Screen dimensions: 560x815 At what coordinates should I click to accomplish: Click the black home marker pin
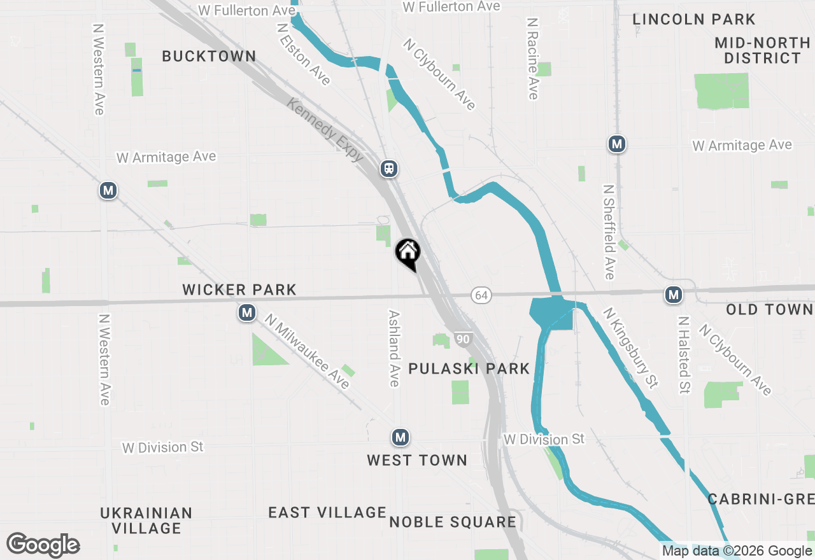pyautogui.click(x=407, y=253)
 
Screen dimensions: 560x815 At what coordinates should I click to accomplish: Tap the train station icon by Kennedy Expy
pyautogui.click(x=389, y=169)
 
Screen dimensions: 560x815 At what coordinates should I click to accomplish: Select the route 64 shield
pyautogui.click(x=481, y=295)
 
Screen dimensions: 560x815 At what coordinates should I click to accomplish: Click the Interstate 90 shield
pyautogui.click(x=463, y=339)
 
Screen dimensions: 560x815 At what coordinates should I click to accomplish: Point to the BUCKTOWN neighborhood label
pyautogui.click(x=209, y=56)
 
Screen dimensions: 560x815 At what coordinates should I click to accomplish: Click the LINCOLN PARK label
pyautogui.click(x=693, y=19)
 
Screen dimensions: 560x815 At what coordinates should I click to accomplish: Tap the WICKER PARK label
pyautogui.click(x=239, y=290)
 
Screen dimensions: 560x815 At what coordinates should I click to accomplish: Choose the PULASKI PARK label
pyautogui.click(x=469, y=368)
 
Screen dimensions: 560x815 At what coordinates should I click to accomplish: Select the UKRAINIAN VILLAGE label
pyautogui.click(x=146, y=521)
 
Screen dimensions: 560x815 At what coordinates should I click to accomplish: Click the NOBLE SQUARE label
pyautogui.click(x=453, y=522)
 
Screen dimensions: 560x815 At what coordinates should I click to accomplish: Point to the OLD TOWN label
pyautogui.click(x=769, y=310)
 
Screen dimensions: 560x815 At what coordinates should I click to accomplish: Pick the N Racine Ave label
pyautogui.click(x=533, y=59)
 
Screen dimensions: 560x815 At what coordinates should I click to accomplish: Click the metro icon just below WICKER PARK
pyautogui.click(x=246, y=313)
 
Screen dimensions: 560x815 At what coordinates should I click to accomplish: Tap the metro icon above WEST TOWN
pyautogui.click(x=400, y=438)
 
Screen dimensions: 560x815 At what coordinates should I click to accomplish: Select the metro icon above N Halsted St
pyautogui.click(x=673, y=295)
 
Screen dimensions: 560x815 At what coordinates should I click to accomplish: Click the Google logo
pyautogui.click(x=43, y=545)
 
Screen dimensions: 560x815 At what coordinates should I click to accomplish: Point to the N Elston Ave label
pyautogui.click(x=304, y=55)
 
